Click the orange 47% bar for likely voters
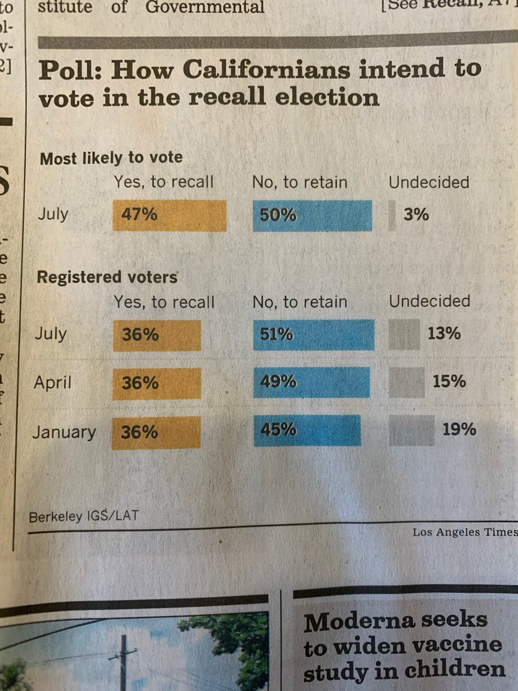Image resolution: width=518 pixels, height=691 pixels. tap(169, 215)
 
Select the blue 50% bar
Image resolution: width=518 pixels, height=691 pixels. tap(312, 215)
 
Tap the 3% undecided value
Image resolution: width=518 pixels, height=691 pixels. tap(416, 215)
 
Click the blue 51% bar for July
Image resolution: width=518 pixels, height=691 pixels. tap(313, 335)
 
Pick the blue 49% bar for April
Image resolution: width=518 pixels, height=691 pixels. tap(311, 382)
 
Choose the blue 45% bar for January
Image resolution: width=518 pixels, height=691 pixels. tap(307, 430)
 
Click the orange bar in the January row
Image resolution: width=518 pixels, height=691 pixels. tap(160, 432)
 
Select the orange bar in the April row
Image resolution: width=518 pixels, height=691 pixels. tap(161, 384)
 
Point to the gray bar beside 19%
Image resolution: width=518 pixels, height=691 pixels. tap(411, 430)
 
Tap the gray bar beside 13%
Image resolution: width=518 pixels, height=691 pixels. tap(404, 335)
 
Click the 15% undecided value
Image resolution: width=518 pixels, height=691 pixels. tap(450, 381)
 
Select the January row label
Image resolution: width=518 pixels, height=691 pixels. tap(64, 432)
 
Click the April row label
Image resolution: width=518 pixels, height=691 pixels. tap(52, 382)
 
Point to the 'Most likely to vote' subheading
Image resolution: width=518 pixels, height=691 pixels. tap(111, 158)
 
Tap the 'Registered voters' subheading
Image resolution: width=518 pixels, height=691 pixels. tap(107, 278)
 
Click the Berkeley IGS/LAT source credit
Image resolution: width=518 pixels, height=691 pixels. tap(83, 516)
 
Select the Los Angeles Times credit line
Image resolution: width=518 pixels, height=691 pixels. tap(464, 533)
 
